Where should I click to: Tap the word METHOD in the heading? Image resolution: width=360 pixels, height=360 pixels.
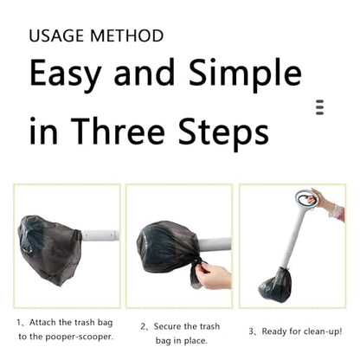(127, 35)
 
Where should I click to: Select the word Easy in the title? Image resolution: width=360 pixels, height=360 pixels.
(66, 73)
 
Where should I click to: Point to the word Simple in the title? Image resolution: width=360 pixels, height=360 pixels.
(245, 73)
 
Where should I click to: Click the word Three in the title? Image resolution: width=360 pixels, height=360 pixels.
(118, 132)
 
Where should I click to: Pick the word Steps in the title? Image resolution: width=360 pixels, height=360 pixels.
(223, 132)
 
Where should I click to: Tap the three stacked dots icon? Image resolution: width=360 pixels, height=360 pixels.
(319, 107)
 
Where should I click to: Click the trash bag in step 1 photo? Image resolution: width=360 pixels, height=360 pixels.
(49, 249)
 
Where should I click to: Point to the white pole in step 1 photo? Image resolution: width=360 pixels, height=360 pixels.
(100, 235)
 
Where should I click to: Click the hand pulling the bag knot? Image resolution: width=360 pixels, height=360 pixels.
(215, 276)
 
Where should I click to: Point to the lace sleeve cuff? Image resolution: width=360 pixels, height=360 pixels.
(337, 212)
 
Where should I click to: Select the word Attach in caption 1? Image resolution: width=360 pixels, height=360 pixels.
(42, 322)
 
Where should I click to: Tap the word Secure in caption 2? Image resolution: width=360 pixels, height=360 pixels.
(167, 326)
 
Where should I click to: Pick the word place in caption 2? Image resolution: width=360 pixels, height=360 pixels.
(196, 341)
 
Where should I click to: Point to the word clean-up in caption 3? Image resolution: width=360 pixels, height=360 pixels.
(320, 331)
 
